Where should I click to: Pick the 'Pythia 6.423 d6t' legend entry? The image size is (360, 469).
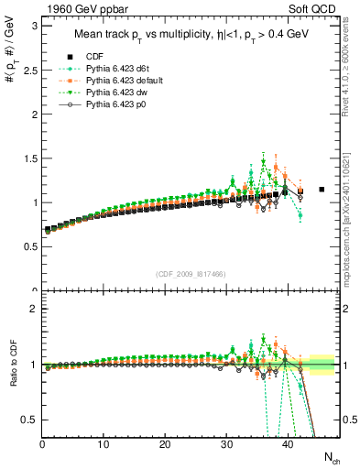[123, 69]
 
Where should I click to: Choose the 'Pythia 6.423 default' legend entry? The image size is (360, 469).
[128, 82]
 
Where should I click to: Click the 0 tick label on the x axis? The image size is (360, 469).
[42, 445]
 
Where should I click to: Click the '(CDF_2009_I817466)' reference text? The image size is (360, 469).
[191, 274]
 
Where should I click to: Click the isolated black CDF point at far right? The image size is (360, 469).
[322, 190]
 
